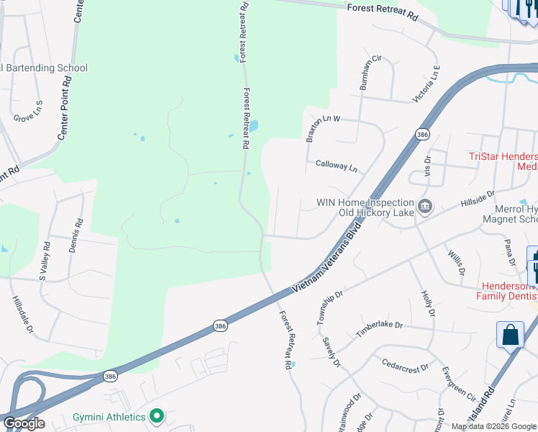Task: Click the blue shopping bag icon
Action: point(510,336)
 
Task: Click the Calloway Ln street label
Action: point(337,166)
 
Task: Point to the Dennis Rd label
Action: point(76,235)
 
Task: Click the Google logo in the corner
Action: point(24,423)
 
